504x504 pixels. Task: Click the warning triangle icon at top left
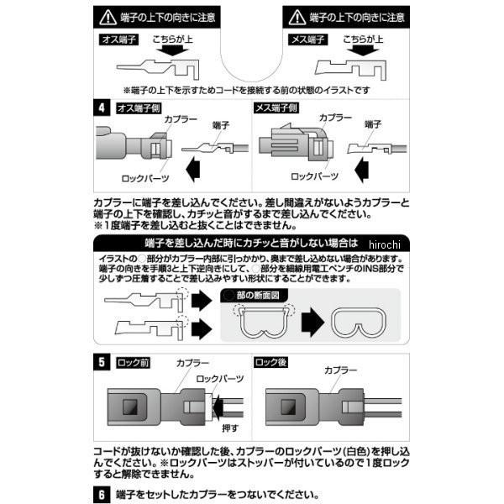click(108, 16)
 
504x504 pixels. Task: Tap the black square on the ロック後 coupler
click(276, 409)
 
